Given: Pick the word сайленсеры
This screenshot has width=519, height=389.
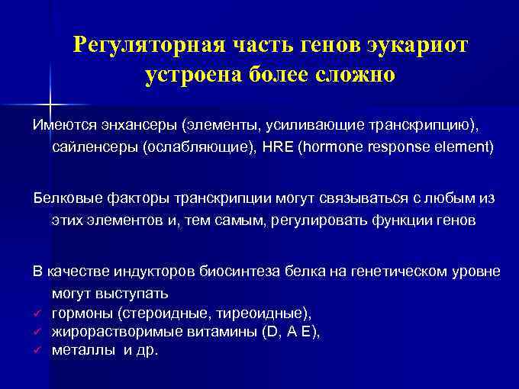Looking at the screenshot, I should [x=95, y=146].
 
